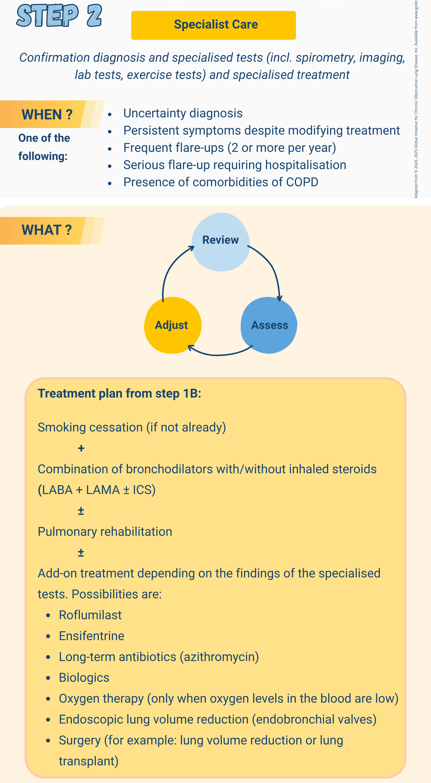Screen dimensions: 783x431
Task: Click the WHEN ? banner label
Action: point(47,115)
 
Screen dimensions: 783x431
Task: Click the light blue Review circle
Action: point(221,242)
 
